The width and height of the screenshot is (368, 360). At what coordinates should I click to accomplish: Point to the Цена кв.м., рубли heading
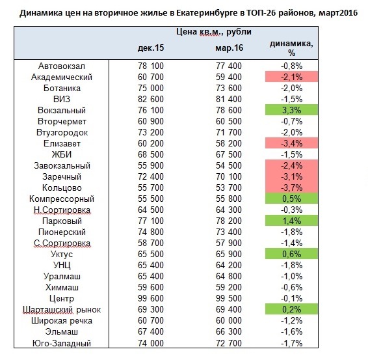[x=213, y=31]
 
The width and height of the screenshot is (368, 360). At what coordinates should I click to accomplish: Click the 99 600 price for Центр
[x=150, y=298]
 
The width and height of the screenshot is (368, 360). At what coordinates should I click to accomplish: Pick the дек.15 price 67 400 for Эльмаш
[x=150, y=331]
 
